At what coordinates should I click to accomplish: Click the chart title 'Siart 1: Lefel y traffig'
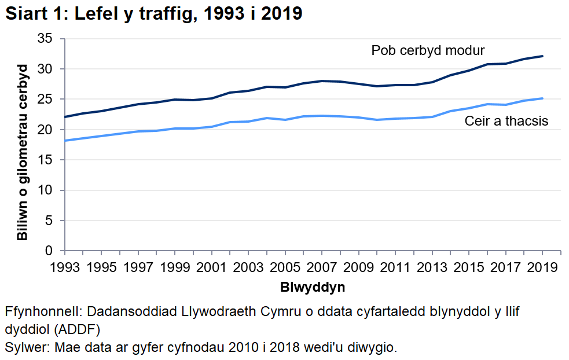[154, 14]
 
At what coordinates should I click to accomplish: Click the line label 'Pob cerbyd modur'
[428, 50]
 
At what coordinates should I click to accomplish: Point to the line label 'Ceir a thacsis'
[506, 121]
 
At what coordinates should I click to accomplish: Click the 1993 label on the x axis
[65, 267]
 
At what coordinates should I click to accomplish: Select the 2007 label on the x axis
[321, 267]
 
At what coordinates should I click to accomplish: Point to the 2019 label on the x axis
[542, 267]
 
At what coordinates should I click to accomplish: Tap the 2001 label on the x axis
[211, 267]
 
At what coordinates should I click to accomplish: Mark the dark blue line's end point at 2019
[542, 56]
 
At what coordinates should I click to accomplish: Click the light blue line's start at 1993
[65, 141]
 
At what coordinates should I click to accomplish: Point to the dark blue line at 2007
[322, 81]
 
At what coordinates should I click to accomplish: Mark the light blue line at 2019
[542, 98]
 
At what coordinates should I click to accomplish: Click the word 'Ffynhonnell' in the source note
[38, 311]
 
